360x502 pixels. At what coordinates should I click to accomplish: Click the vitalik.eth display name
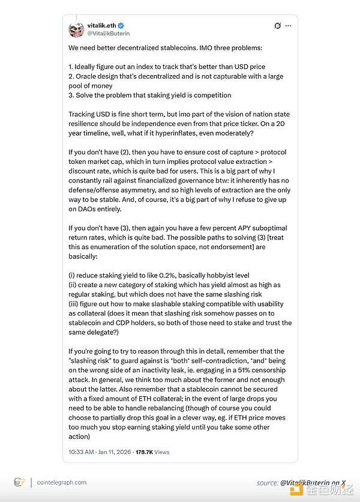pyautogui.click(x=101, y=26)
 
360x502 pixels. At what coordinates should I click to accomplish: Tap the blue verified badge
pyautogui.click(x=121, y=26)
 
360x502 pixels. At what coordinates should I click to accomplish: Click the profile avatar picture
pyautogui.click(x=77, y=29)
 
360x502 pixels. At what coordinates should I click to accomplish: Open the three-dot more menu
pyautogui.click(x=289, y=26)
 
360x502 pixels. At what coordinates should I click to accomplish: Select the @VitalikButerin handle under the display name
pyautogui.click(x=108, y=34)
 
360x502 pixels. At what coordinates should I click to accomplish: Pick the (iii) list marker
pyautogui.click(x=74, y=304)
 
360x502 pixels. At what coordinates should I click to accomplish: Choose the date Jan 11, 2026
pyautogui.click(x=118, y=452)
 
